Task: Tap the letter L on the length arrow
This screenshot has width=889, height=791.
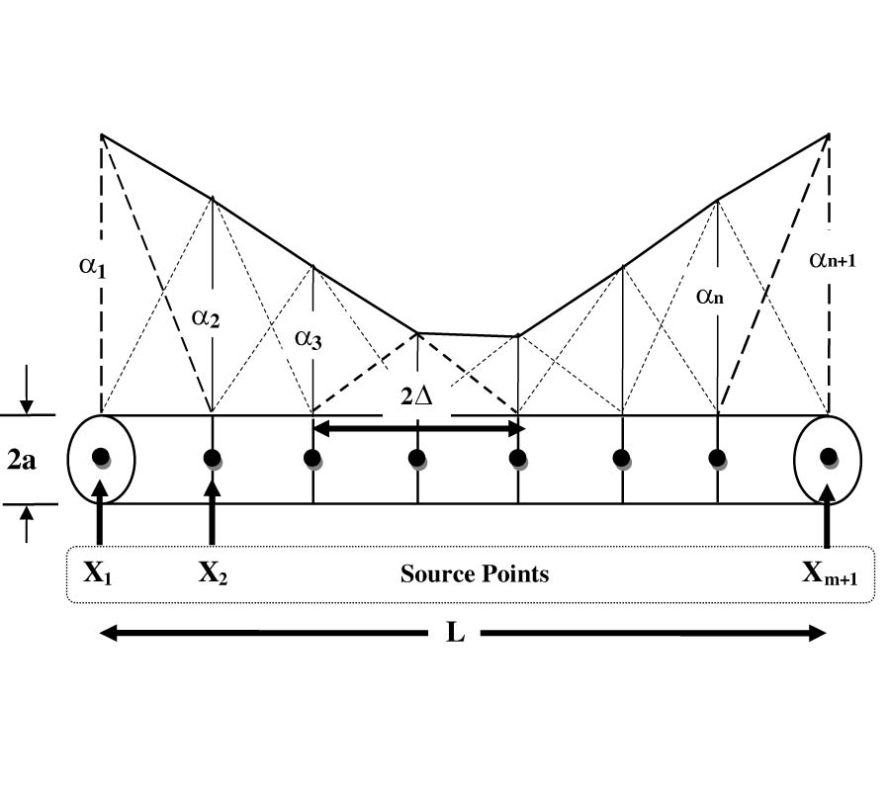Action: (455, 633)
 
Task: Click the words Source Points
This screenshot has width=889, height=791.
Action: (475, 573)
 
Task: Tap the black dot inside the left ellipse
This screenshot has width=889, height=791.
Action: (100, 457)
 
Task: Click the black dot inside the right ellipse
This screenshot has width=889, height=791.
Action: (829, 457)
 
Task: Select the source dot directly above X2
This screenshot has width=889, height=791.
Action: (212, 458)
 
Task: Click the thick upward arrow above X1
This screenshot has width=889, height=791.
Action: (100, 509)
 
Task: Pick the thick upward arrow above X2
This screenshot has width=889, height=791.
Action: (212, 509)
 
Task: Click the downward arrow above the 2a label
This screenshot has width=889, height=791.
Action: (27, 399)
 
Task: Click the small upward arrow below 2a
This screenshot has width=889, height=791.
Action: (27, 522)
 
